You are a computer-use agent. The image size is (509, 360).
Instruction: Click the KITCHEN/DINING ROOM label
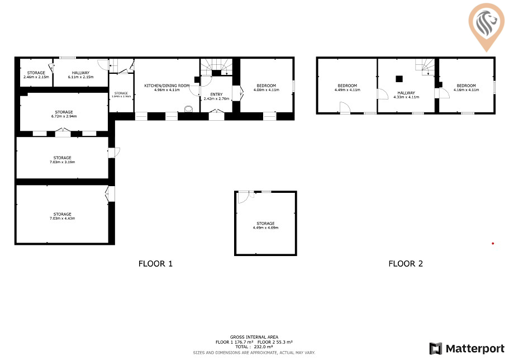coord(167,85)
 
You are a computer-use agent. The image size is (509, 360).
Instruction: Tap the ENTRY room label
coord(216,94)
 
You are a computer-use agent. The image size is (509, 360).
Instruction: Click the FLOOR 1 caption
coord(155,264)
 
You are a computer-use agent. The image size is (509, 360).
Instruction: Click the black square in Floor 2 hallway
coord(399,79)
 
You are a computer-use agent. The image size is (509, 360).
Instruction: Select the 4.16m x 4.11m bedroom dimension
coord(467,89)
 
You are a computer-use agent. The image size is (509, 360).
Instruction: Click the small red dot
coord(492,243)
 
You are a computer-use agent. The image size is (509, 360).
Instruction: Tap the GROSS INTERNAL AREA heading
coord(254,337)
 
